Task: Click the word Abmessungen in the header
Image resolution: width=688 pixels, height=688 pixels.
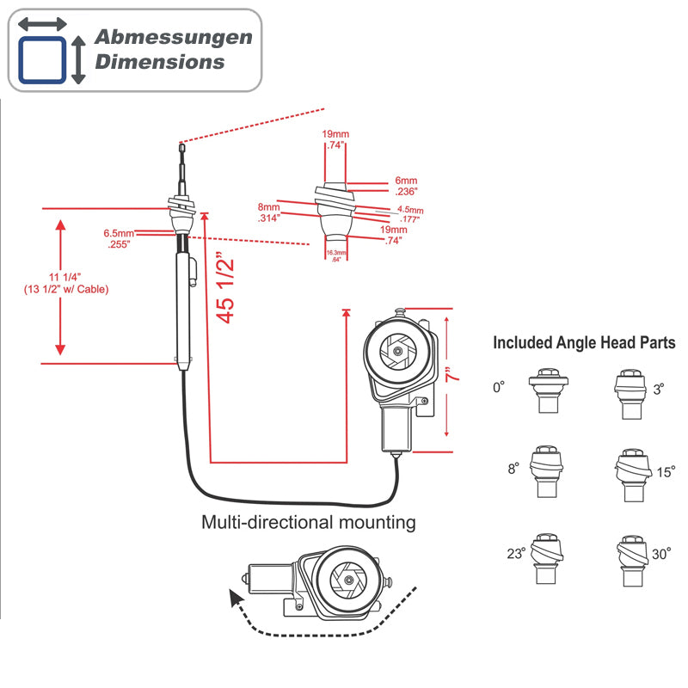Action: point(173,38)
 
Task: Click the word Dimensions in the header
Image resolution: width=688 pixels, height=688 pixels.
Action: point(159,62)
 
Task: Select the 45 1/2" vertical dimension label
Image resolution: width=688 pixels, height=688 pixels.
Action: point(225,286)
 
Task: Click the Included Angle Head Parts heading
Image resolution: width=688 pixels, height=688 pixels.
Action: point(584,343)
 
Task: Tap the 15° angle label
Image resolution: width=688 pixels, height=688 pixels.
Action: point(666,472)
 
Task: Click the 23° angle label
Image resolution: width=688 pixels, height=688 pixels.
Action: point(516,555)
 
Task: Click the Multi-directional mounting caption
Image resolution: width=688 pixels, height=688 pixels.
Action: point(308,522)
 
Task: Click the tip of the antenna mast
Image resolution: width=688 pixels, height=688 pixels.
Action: point(181,146)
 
